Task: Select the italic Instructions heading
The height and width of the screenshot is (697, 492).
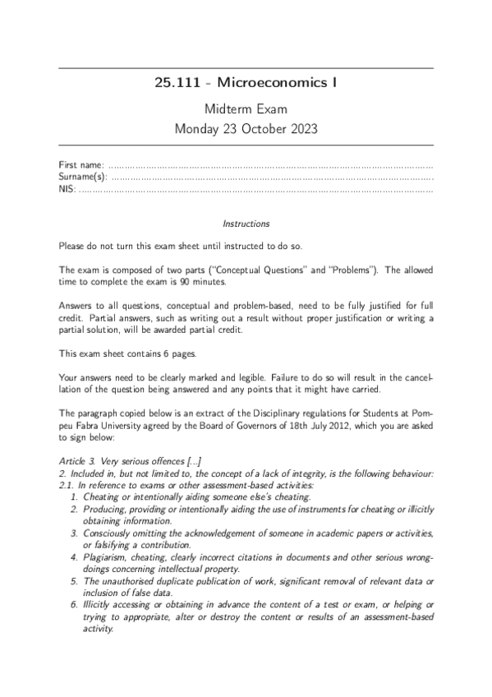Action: [246, 224]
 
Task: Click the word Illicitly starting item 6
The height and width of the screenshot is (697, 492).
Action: [94, 605]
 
